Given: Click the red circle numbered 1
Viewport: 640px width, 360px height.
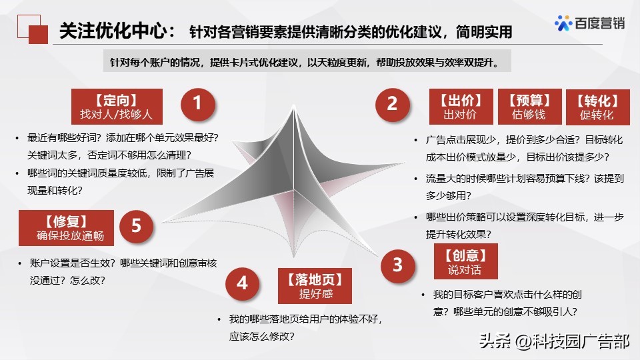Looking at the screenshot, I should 197,104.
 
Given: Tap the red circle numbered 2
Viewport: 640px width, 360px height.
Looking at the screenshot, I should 392,104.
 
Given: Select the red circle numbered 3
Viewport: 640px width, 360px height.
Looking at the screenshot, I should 398,265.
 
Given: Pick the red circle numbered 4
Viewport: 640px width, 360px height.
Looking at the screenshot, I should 242,283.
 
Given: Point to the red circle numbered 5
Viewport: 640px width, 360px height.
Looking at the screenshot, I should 136,225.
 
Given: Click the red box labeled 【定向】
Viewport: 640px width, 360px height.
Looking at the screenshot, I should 117,107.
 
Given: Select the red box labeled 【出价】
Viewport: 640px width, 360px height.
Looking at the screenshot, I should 460,107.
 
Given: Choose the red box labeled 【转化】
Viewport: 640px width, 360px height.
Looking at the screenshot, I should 597,107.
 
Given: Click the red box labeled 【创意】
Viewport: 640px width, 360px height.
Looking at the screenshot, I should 465,263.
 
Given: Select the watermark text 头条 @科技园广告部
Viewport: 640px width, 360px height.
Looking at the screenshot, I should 553,342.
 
